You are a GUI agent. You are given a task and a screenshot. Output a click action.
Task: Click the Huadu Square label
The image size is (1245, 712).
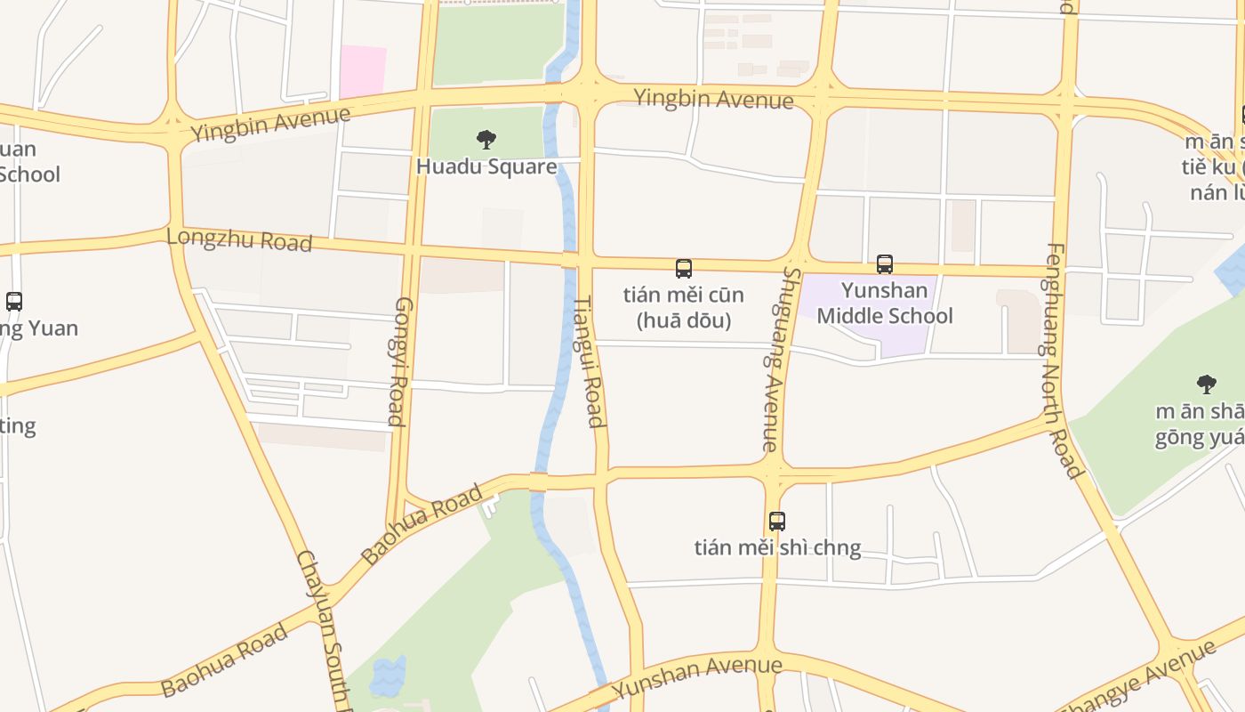(486, 166)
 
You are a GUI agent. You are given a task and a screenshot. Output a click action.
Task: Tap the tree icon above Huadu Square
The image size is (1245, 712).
(486, 140)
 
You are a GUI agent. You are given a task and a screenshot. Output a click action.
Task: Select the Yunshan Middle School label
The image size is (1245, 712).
(884, 303)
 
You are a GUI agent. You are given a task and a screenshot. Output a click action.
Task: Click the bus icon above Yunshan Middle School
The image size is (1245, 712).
(884, 264)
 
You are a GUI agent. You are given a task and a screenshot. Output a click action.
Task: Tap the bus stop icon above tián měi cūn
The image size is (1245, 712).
(683, 269)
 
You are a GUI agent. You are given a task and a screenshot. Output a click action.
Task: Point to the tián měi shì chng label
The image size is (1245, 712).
(777, 547)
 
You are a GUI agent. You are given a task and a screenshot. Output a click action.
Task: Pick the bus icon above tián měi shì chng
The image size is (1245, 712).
(777, 522)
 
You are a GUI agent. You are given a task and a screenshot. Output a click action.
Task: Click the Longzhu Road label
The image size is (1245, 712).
(239, 239)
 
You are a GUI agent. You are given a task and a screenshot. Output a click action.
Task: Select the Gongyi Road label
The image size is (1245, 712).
(399, 361)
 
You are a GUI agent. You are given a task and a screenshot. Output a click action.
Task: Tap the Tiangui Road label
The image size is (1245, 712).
(589, 361)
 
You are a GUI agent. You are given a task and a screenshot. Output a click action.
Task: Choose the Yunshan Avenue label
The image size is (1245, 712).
(698, 676)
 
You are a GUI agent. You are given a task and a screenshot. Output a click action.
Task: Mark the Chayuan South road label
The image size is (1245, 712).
(320, 627)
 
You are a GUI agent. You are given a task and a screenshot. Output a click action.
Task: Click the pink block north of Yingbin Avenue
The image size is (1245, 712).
(363, 71)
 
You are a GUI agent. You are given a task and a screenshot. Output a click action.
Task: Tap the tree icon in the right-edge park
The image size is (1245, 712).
(1206, 384)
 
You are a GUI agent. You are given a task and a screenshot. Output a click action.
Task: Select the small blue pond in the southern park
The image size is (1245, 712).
(388, 677)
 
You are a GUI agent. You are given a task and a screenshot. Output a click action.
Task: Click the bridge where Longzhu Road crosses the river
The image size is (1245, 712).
(569, 260)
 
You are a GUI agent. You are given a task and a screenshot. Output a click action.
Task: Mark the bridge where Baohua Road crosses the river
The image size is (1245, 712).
(538, 481)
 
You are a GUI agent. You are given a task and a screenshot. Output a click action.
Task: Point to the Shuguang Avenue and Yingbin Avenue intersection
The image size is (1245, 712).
(821, 94)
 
